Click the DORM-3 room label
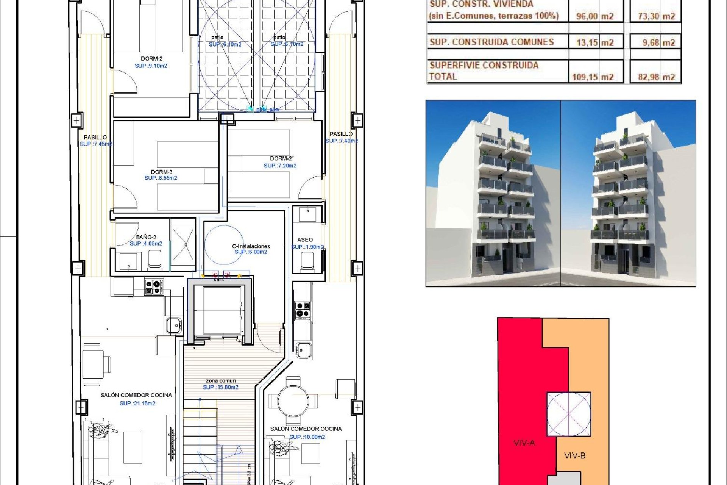161,172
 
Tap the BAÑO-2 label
146,237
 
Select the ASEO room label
305,240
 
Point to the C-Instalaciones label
251,246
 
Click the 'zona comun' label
220,381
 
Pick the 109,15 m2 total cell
593,77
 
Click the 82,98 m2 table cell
656,77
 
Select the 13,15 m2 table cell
594,42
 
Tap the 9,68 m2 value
658,42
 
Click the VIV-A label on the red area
524,443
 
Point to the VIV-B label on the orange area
575,455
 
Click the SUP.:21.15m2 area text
137,404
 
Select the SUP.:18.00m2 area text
307,437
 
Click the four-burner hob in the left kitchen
154,287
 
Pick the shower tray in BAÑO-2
183,245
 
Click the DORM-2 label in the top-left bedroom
151,59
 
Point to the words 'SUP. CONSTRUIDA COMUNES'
491,42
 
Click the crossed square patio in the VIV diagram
568,414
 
